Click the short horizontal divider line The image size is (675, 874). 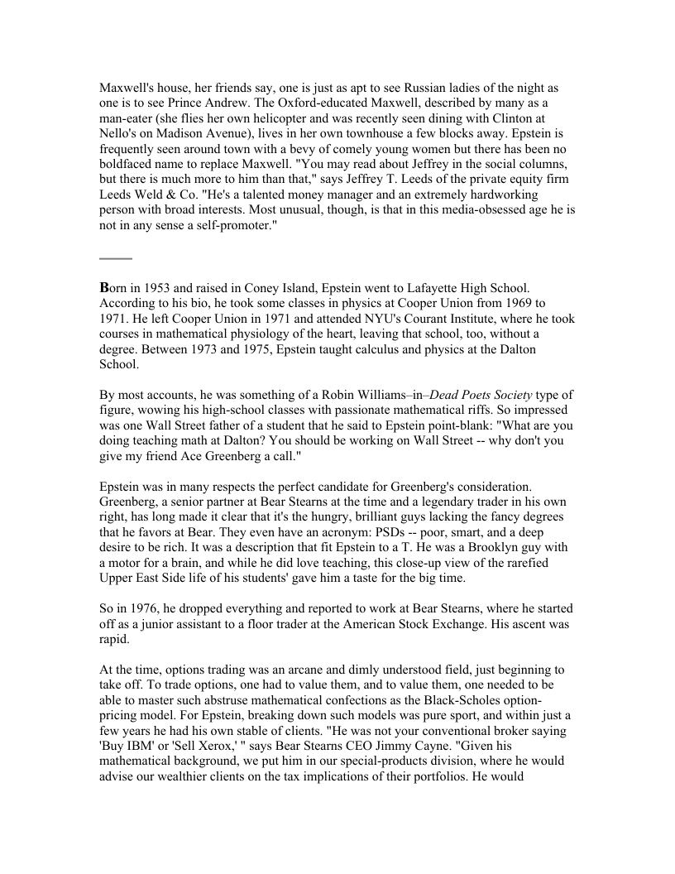point(116,258)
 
